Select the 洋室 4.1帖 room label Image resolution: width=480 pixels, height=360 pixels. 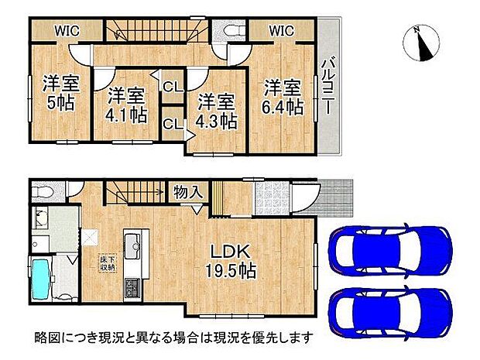pos(125,105)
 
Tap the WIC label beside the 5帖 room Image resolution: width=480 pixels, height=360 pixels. pos(66,32)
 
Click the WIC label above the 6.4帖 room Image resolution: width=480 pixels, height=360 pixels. pos(282,32)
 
